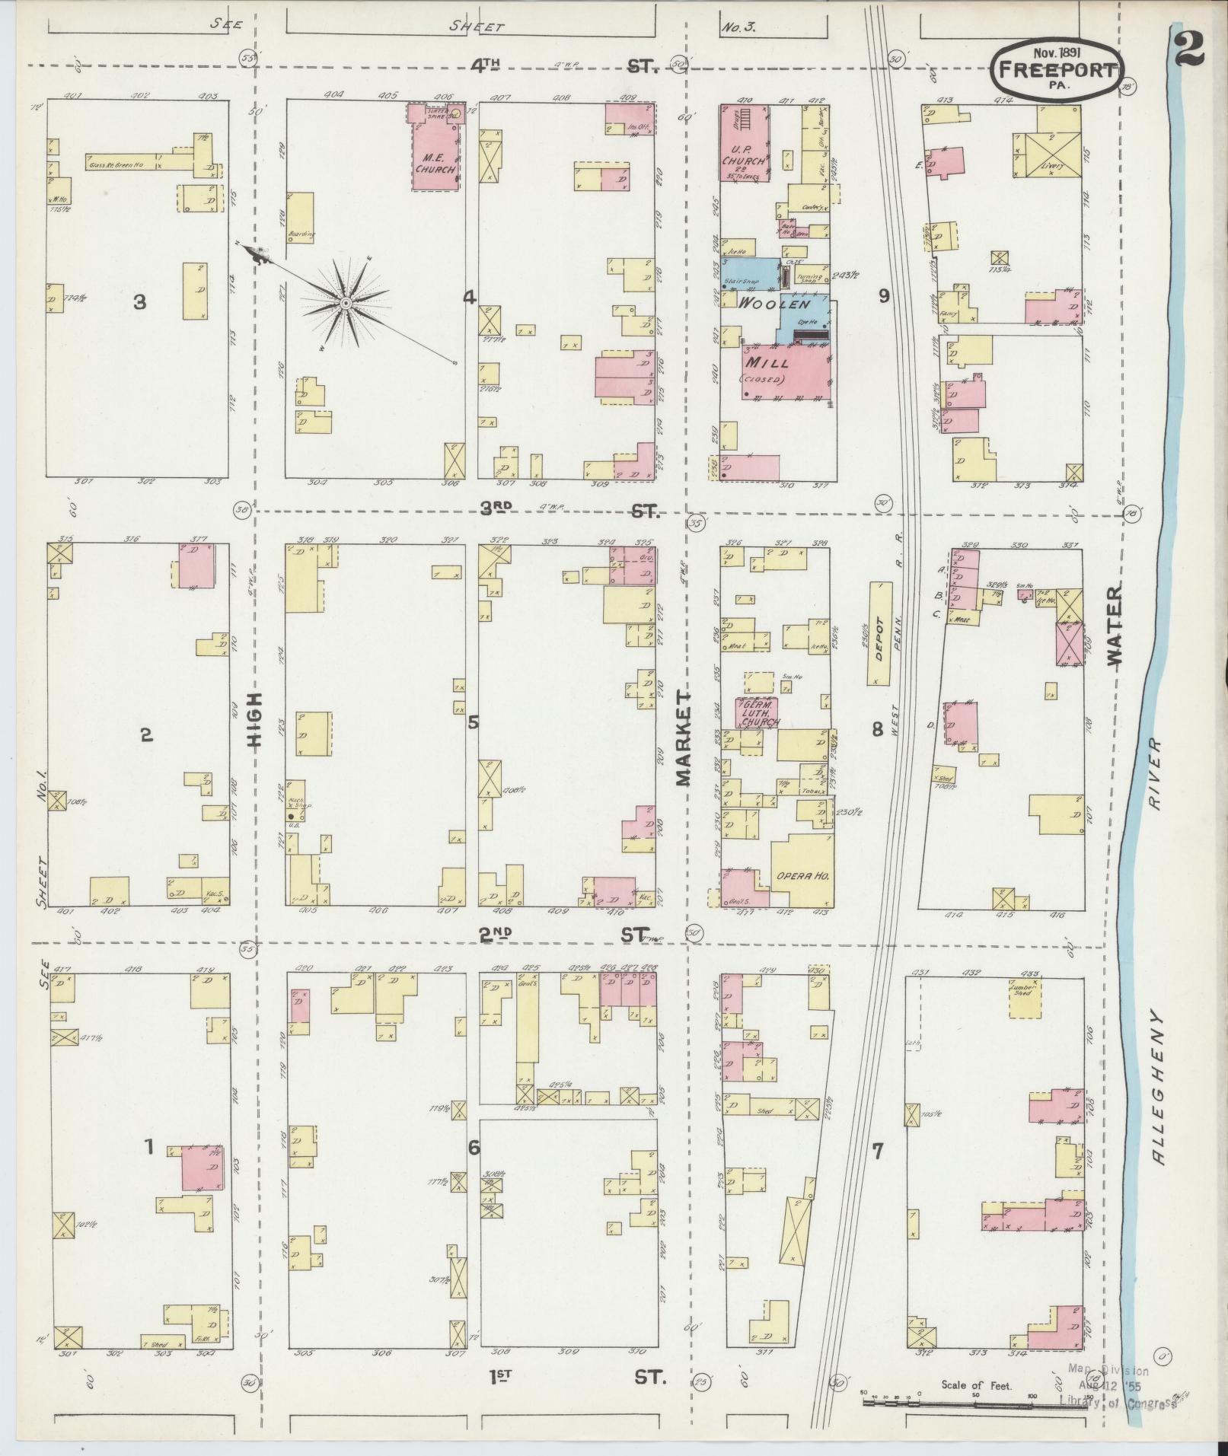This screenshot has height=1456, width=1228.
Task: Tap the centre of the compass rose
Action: pos(345,303)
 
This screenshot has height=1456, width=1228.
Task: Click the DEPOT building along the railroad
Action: pos(880,633)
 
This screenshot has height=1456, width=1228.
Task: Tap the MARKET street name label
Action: pos(682,738)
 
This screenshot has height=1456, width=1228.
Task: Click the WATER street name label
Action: pos(1116,626)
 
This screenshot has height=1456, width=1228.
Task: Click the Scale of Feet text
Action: pos(976,1384)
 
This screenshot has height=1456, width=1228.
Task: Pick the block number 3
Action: pos(139,302)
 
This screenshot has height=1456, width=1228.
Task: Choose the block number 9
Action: pos(883,295)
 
